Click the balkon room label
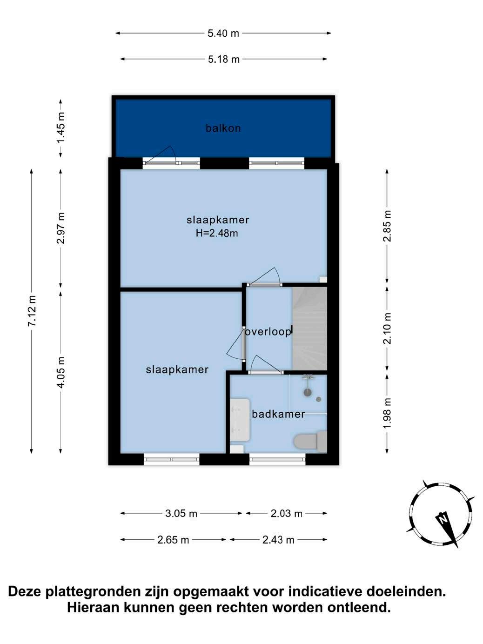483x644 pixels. (x=223, y=128)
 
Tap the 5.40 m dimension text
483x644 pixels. (x=223, y=34)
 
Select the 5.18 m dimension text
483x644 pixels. (x=224, y=59)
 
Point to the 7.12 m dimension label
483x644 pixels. (x=32, y=311)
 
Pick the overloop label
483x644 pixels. (x=268, y=332)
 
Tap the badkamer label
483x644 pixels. (x=278, y=414)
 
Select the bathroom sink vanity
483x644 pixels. (x=240, y=420)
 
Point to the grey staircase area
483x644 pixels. (x=309, y=329)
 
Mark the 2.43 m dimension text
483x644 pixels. (x=278, y=540)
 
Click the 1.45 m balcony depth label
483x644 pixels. (x=61, y=127)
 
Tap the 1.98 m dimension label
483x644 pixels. (x=388, y=413)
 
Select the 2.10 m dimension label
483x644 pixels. (x=388, y=329)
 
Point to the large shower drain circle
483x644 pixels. (x=307, y=392)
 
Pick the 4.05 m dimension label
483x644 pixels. (x=61, y=372)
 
